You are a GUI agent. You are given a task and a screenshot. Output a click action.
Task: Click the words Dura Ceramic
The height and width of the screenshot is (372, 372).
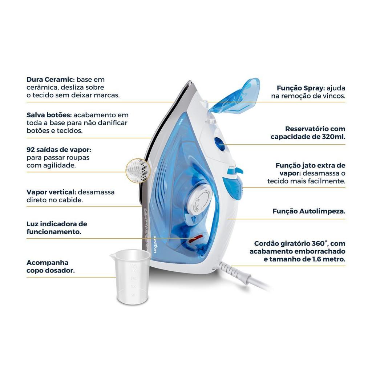click(50, 80)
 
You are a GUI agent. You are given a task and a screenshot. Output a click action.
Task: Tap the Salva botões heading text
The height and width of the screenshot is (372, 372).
click(49, 115)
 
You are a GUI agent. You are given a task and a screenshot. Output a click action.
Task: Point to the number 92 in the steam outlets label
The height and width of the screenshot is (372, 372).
click(31, 150)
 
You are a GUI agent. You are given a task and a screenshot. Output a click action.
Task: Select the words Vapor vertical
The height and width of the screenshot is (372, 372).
click(51, 192)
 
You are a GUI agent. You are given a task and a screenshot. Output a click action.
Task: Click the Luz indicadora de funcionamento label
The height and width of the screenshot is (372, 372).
click(57, 228)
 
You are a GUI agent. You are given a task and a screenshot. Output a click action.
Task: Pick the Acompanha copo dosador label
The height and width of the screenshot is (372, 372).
click(50, 266)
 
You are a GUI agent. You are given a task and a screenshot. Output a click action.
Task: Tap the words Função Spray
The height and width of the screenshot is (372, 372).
click(300, 88)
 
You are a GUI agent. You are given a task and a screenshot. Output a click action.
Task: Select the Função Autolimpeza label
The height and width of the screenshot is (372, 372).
click(309, 211)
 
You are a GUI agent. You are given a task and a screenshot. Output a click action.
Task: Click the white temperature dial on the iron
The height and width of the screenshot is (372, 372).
click(200, 199)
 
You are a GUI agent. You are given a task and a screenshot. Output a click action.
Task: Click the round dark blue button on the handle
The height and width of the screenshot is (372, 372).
click(220, 143)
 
